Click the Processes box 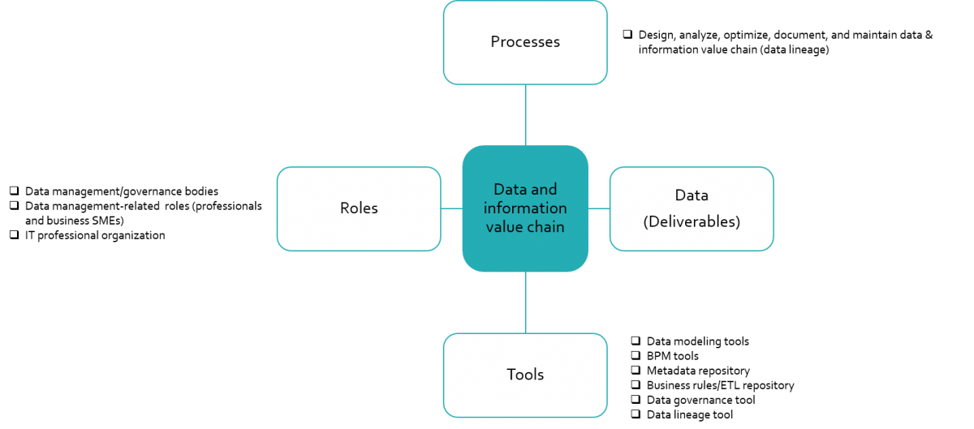pos(525,42)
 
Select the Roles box pos(359,208)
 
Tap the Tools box pos(525,374)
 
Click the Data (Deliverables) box pos(692,208)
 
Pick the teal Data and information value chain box pos(525,208)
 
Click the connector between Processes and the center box pos(525,114)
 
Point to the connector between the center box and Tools pos(525,302)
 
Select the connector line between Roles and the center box pos(451,208)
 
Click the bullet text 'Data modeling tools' pos(697,341)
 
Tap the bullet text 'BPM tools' pos(672,356)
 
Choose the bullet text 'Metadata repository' pos(698,371)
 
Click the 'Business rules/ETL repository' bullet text pos(720,385)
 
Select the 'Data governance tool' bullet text pos(700,400)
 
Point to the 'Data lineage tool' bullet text pos(690,414)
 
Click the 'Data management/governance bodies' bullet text pos(122,191)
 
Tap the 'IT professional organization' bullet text pos(95,235)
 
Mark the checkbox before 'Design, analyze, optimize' pos(627,35)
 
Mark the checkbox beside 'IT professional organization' pos(14,235)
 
